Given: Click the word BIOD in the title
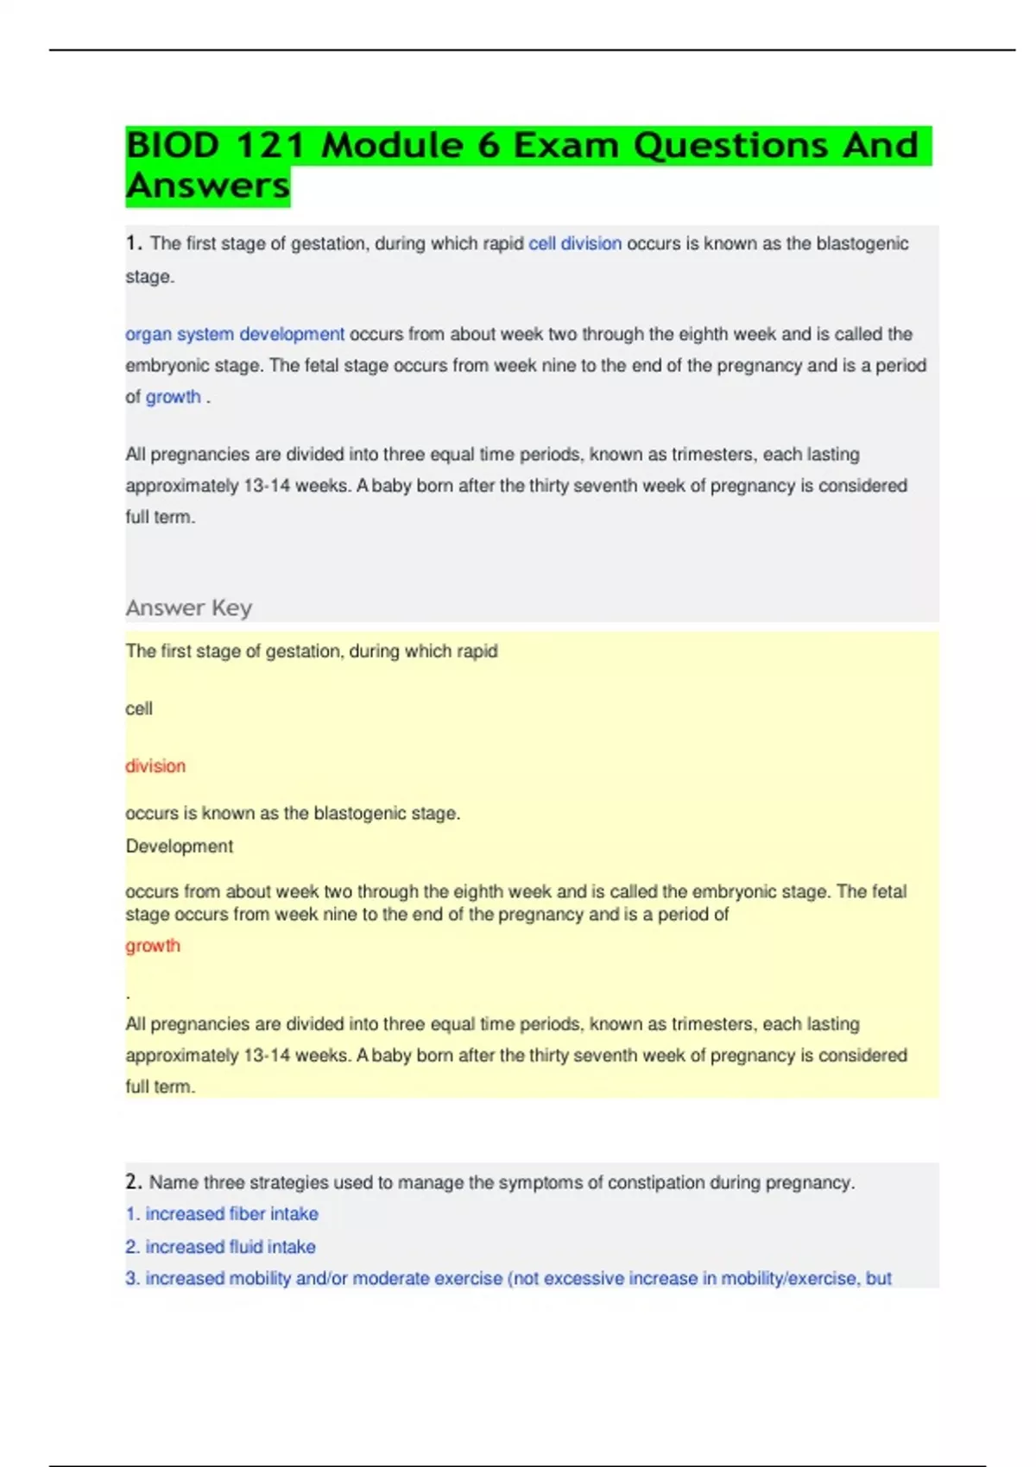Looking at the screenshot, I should (173, 145).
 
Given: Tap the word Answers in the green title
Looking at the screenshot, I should (208, 186).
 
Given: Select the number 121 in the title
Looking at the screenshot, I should (270, 145).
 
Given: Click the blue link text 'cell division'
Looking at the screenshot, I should (575, 243).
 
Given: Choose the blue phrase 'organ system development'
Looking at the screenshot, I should (235, 334).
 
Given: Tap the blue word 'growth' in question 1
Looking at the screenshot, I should (173, 397).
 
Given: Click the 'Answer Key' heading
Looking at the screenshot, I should (189, 608).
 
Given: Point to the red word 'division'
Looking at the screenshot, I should (155, 765).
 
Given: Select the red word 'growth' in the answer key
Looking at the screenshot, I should (153, 945).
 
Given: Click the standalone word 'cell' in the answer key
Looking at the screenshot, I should (139, 708).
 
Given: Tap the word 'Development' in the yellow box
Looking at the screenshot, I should (180, 846).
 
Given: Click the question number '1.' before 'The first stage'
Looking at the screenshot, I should (134, 243).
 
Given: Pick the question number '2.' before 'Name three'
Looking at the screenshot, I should (134, 1181).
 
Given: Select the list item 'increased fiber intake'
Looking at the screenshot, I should (231, 1213).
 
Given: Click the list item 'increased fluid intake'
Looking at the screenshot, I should (231, 1246).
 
